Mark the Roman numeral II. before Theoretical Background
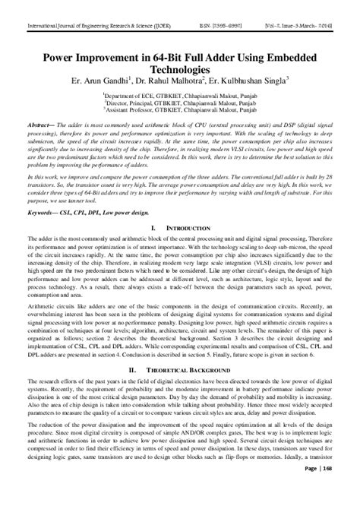[x=133, y=368]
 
